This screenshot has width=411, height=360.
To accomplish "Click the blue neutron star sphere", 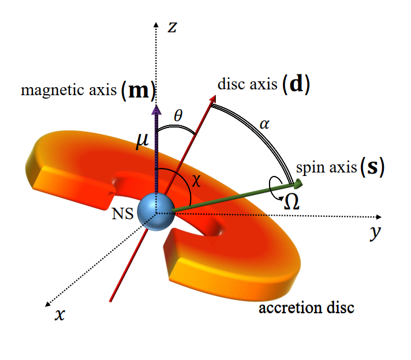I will [x=156, y=212].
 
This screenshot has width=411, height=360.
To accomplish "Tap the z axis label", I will [x=171, y=27].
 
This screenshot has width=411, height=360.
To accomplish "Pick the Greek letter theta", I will [x=178, y=115].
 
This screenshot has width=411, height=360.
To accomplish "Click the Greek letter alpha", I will [x=266, y=123].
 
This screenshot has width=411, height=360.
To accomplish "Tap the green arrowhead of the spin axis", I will [x=298, y=184].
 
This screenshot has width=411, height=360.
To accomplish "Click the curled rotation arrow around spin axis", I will [x=274, y=187].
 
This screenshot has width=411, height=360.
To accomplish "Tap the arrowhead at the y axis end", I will [x=379, y=217].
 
